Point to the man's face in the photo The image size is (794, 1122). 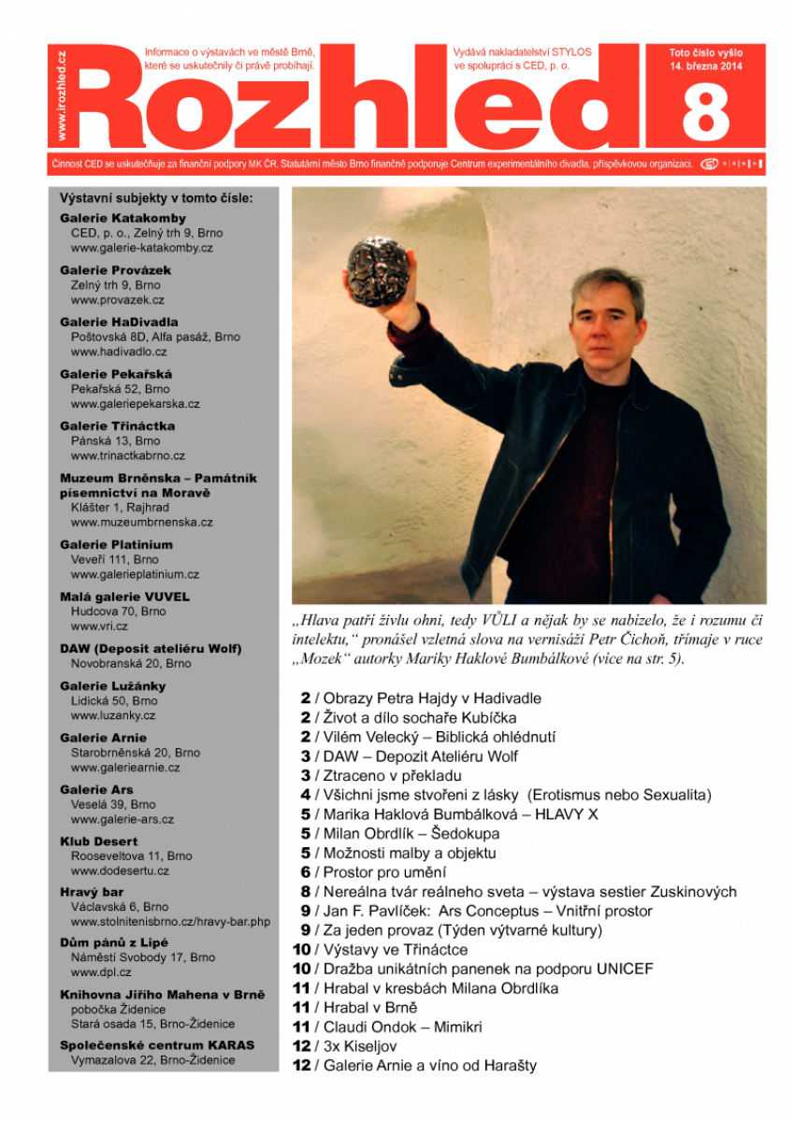pyautogui.click(x=609, y=318)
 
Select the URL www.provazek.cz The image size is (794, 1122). pyautogui.click(x=118, y=300)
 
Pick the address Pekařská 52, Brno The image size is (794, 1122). pyautogui.click(x=121, y=389)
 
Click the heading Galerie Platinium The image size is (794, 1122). pyautogui.click(x=116, y=544)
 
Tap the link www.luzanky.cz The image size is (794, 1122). pyautogui.click(x=113, y=715)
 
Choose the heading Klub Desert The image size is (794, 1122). pyautogui.click(x=99, y=841)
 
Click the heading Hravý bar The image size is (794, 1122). pyautogui.click(x=92, y=892)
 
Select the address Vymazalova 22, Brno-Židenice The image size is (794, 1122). pyautogui.click(x=153, y=1060)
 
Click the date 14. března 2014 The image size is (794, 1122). pyautogui.click(x=706, y=67)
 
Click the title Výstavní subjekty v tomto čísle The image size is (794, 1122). pyautogui.click(x=156, y=198)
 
